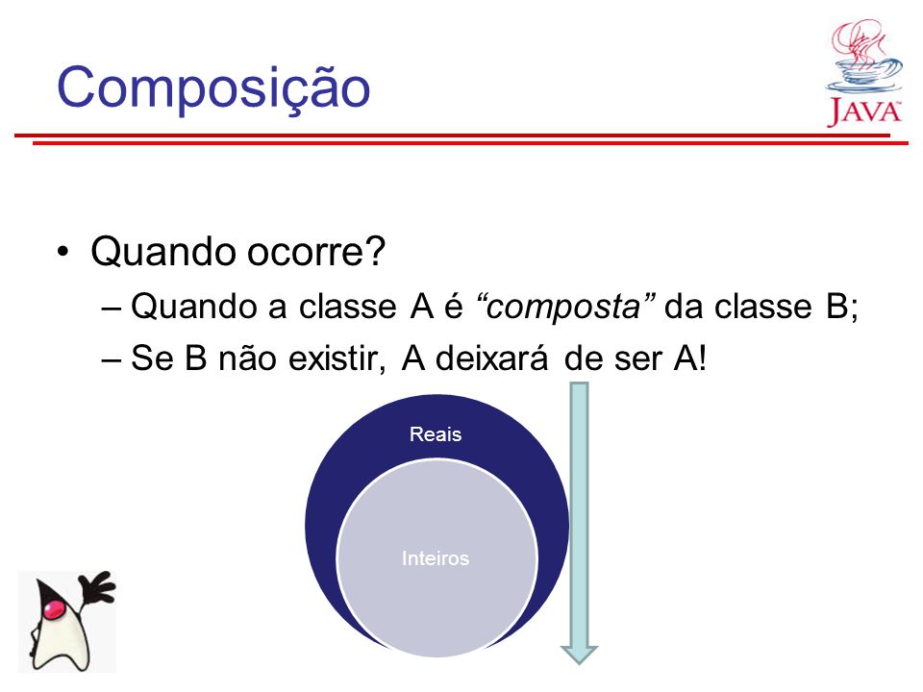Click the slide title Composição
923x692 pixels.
tap(213, 88)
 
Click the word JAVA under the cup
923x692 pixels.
tap(864, 111)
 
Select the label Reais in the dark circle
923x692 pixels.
tap(436, 434)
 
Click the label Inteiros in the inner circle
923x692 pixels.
tap(436, 557)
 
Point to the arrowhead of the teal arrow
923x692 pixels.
tap(579, 655)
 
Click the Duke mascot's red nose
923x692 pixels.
tap(54, 609)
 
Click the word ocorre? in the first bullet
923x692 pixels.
tap(316, 251)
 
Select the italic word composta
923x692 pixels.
tap(563, 306)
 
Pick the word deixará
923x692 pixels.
tap(491, 358)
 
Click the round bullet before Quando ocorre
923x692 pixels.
tap(63, 252)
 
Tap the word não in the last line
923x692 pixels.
tap(247, 358)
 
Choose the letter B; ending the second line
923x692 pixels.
tap(842, 308)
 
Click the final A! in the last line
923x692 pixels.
tap(690, 358)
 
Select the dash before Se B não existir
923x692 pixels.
tap(112, 358)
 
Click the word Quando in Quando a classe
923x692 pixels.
tap(195, 306)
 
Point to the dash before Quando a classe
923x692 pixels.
tap(112, 308)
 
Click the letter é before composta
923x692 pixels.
tap(453, 306)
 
